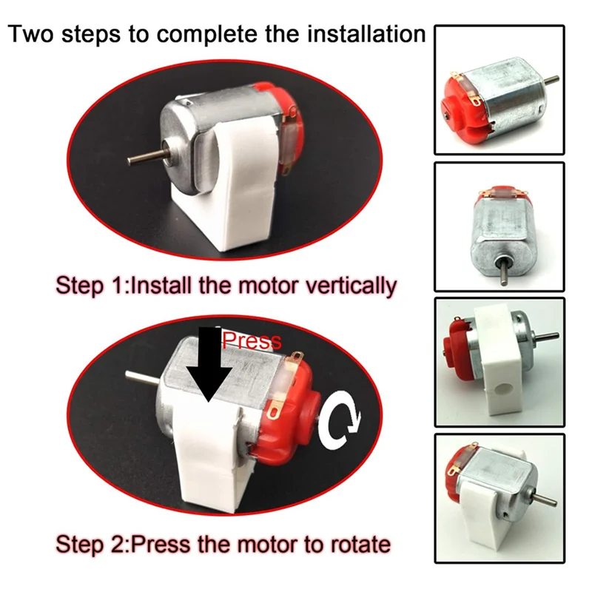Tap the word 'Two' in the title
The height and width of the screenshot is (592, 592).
(35, 34)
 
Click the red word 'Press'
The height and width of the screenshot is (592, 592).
(252, 340)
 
